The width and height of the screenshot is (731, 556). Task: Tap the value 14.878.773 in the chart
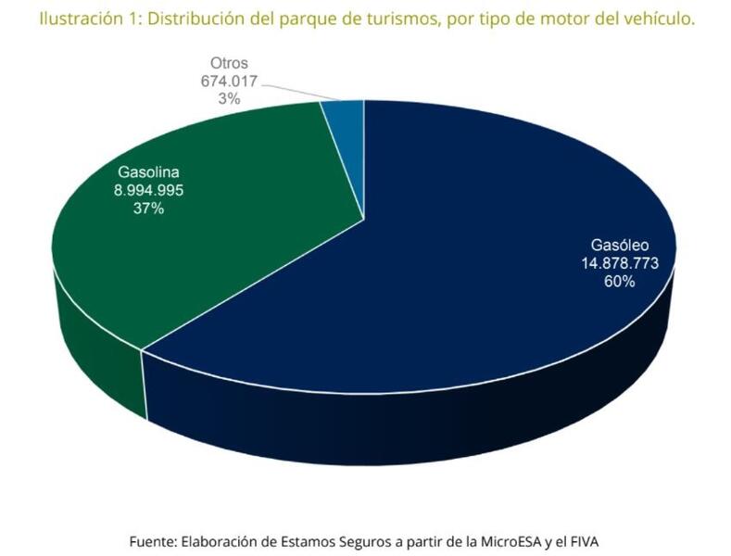(x=619, y=263)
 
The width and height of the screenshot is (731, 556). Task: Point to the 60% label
(x=619, y=281)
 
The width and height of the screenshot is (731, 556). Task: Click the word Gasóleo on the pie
(x=619, y=246)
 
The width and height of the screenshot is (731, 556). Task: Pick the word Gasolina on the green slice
(x=147, y=172)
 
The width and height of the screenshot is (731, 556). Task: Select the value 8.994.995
(x=147, y=190)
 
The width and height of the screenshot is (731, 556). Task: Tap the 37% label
(x=147, y=208)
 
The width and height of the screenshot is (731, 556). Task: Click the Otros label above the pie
(x=230, y=62)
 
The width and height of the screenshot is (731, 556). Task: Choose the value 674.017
(x=230, y=80)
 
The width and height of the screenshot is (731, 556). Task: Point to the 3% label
(x=230, y=97)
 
